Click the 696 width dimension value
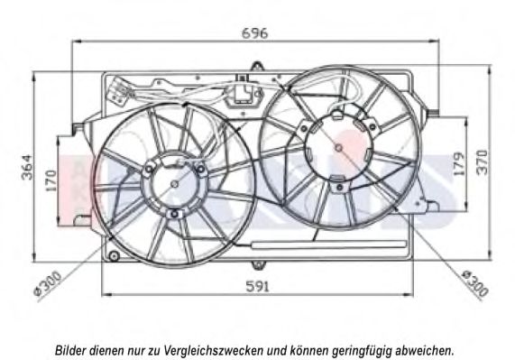(x=255, y=33)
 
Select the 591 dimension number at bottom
(x=258, y=287)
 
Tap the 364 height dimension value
(x=27, y=168)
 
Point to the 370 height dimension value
(x=483, y=162)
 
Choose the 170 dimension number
(x=51, y=180)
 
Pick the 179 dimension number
(x=458, y=163)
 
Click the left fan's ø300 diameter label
(x=48, y=283)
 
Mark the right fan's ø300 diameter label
(x=475, y=283)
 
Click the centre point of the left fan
(x=175, y=184)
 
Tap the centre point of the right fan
(x=338, y=148)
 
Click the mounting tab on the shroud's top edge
(x=257, y=67)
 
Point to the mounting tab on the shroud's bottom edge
(x=258, y=264)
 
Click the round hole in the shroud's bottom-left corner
(x=114, y=255)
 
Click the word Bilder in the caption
(x=71, y=350)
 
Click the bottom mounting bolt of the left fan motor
(x=174, y=214)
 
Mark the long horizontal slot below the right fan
(x=328, y=244)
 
